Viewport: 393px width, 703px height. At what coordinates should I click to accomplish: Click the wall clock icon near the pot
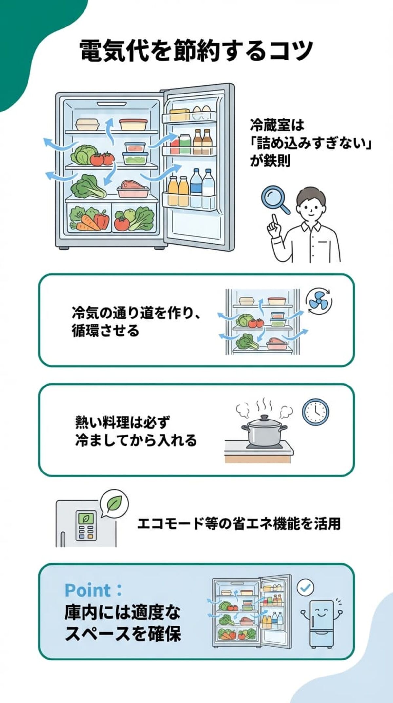[x=315, y=412]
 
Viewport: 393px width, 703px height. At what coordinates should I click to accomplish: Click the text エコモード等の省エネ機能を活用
[x=239, y=523]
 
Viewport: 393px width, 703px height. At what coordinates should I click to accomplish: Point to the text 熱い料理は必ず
[x=122, y=422]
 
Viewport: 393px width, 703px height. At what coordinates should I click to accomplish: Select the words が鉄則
[x=270, y=161]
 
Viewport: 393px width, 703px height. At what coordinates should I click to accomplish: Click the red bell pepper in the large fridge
[x=102, y=220]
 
